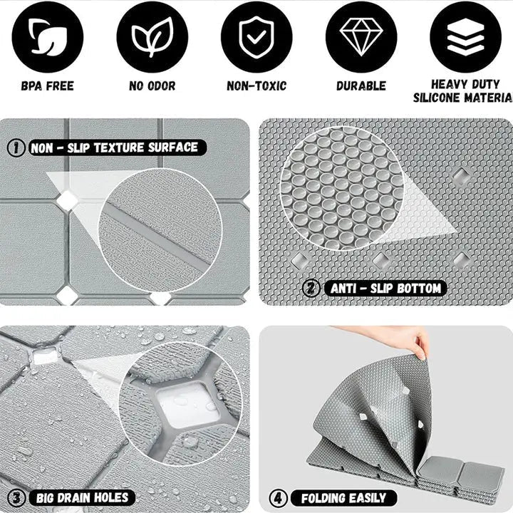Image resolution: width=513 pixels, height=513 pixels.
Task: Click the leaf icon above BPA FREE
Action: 48,37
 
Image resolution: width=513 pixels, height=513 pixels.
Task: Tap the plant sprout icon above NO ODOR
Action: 152,37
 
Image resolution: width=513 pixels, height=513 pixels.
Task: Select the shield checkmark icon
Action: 256,37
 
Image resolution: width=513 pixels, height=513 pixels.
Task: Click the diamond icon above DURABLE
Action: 361,37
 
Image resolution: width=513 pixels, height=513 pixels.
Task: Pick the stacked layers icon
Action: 465,37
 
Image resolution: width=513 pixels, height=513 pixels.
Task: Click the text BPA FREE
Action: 48,86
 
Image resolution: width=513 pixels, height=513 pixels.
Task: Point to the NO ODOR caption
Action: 152,86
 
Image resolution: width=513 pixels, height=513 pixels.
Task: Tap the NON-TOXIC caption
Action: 256,86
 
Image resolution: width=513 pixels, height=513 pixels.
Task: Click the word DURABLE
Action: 361,86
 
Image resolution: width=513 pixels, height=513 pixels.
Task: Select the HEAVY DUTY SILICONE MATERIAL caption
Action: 463,91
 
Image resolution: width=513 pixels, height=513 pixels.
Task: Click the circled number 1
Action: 16,147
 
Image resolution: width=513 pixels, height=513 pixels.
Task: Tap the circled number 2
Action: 311,289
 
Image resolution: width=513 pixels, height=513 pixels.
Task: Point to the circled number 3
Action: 16,498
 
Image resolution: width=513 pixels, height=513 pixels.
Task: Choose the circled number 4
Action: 278,498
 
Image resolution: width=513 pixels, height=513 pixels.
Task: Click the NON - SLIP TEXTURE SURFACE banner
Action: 118,147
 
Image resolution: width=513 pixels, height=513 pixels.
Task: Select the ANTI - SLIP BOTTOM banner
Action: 385,289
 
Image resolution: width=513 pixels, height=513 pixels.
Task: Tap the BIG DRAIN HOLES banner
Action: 82,498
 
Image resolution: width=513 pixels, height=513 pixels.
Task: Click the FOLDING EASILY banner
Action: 343,498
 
